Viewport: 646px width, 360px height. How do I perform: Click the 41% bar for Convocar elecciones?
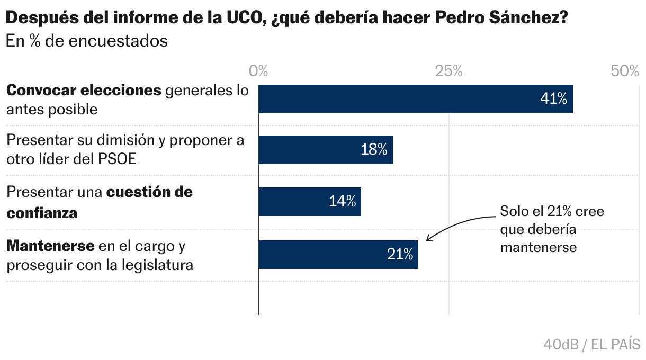(416, 98)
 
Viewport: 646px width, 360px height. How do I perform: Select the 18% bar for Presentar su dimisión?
(326, 150)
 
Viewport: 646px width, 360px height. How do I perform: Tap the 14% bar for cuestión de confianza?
(310, 202)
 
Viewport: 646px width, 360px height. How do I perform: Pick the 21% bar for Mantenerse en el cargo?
(338, 254)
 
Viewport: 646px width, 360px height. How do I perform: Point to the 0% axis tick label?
(258, 71)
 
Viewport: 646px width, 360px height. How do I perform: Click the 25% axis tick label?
(449, 71)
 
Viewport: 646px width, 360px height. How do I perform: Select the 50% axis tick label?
(625, 71)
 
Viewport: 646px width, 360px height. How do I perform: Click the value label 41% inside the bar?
(553, 98)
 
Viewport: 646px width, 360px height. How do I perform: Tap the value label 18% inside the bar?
(374, 150)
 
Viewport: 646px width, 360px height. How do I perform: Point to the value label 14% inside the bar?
(342, 202)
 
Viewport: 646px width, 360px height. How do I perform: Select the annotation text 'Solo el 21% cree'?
(552, 211)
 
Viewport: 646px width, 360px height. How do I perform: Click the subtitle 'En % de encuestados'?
(87, 41)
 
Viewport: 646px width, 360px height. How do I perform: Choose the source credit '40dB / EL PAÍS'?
(591, 345)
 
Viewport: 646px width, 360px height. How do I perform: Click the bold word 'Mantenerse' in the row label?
(50, 246)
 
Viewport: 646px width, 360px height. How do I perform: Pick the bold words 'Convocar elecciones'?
(84, 91)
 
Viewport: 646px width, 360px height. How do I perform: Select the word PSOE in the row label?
(118, 159)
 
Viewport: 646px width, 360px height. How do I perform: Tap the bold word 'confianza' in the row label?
(42, 213)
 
